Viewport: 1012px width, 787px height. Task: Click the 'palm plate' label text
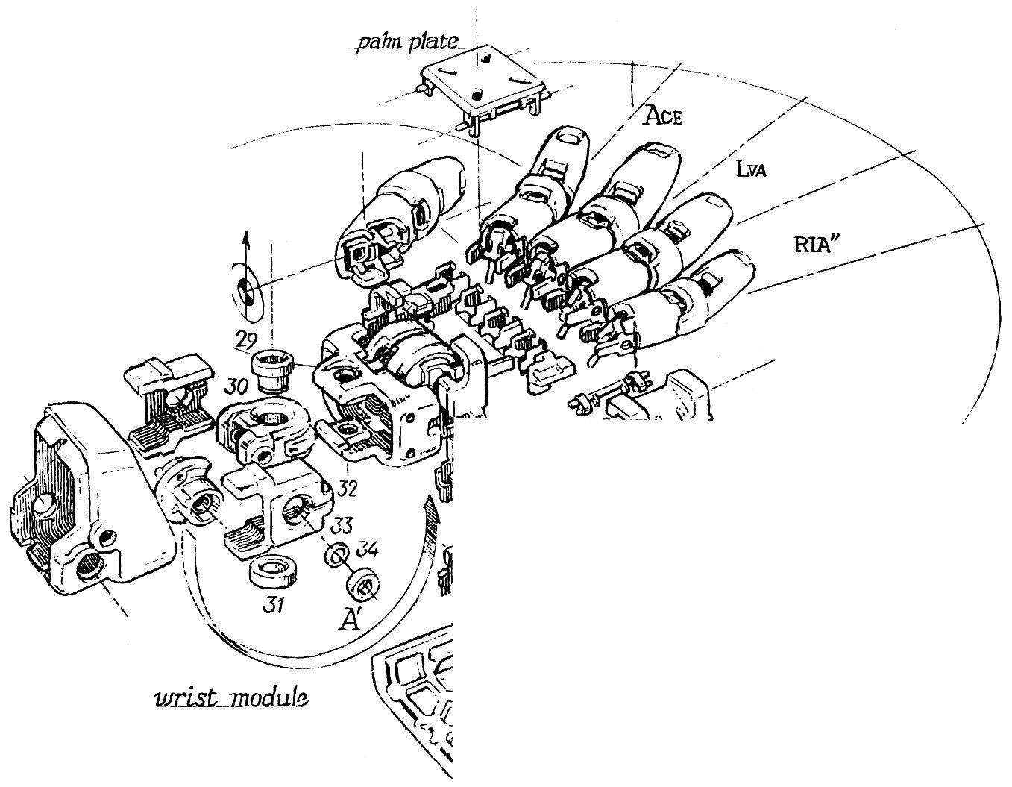(x=407, y=43)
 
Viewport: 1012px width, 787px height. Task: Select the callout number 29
(x=247, y=342)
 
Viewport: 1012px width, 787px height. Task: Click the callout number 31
(x=274, y=606)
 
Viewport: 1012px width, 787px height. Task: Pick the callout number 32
(x=347, y=489)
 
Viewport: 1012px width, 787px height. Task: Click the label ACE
(x=663, y=116)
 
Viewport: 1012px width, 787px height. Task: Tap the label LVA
(x=751, y=169)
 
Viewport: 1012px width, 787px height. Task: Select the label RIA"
(x=813, y=245)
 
